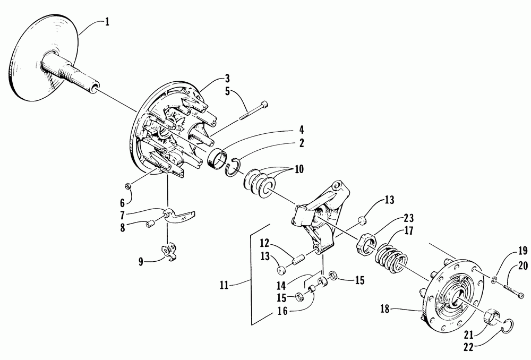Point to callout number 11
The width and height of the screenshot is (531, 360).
[x=223, y=285]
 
